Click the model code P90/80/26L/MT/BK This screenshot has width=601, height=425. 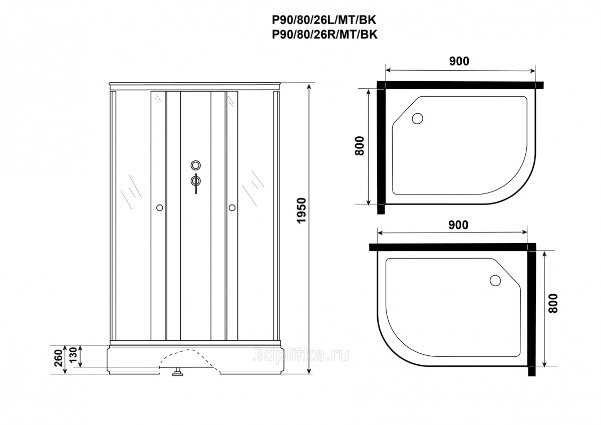[325, 20]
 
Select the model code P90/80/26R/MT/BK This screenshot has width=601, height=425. [325, 35]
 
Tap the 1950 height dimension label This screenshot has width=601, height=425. [302, 210]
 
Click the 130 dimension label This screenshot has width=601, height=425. [73, 355]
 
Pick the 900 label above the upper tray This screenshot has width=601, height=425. [459, 62]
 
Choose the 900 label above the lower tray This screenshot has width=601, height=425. [458, 225]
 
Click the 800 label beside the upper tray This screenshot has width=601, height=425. [360, 146]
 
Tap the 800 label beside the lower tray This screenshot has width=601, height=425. [553, 303]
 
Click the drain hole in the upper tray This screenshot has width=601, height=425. [418, 118]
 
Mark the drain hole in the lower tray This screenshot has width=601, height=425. [495, 281]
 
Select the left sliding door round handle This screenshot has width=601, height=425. [160, 207]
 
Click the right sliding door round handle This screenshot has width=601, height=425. [232, 207]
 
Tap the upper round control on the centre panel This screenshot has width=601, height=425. [196, 165]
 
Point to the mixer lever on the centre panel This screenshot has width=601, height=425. [196, 183]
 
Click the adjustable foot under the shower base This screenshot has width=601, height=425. [177, 373]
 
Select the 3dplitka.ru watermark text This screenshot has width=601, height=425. [300, 355]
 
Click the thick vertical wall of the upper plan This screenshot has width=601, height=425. [381, 148]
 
